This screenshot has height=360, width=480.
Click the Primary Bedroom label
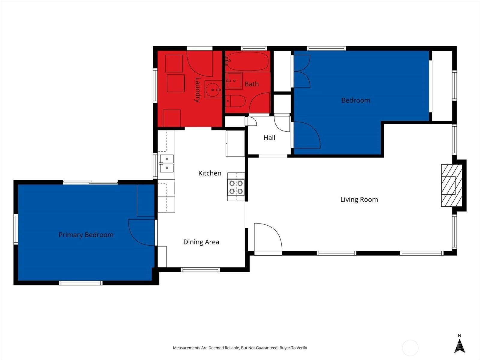pyautogui.click(x=86, y=235)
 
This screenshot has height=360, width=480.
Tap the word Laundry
pyautogui.click(x=197, y=90)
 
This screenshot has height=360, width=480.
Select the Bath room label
pyautogui.click(x=251, y=84)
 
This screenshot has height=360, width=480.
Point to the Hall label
pyautogui.click(x=269, y=137)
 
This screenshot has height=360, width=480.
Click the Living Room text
pyautogui.click(x=359, y=199)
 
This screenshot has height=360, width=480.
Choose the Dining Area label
pyautogui.click(x=201, y=242)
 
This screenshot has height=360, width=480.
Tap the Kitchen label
pyautogui.click(x=210, y=173)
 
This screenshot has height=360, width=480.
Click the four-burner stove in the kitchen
pyautogui.click(x=236, y=187)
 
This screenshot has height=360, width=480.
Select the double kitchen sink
pyautogui.click(x=166, y=163)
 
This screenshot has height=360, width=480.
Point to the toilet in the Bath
pyautogui.click(x=235, y=101)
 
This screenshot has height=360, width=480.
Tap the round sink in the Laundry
pyautogui.click(x=213, y=89)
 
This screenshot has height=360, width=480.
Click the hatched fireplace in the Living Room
pyautogui.click(x=451, y=185)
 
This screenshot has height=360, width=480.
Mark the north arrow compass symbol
pyautogui.click(x=460, y=346)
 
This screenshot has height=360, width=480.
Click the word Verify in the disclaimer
pyautogui.click(x=302, y=348)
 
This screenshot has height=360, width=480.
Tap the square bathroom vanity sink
pyautogui.click(x=234, y=81)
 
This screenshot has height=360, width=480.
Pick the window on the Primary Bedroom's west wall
pyautogui.click(x=16, y=229)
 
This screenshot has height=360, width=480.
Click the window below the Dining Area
pyautogui.click(x=200, y=270)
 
